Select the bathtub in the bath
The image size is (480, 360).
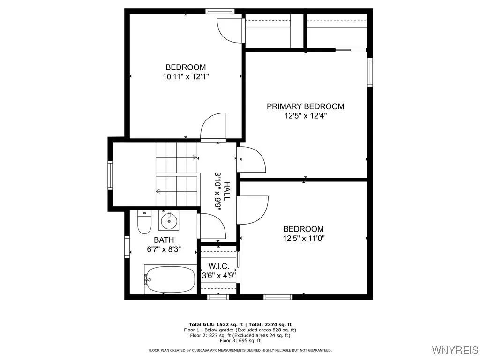(x=169, y=278)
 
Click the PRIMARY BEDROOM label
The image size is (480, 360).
(x=305, y=106)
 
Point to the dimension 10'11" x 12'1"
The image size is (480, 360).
(x=186, y=77)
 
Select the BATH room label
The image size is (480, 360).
(x=164, y=240)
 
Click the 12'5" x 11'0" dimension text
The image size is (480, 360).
(x=303, y=238)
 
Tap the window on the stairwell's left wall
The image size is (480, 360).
(x=111, y=175)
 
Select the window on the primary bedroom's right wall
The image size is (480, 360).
(x=370, y=72)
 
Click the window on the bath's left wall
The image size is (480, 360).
(x=127, y=247)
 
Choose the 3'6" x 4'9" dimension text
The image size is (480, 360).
(x=218, y=276)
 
